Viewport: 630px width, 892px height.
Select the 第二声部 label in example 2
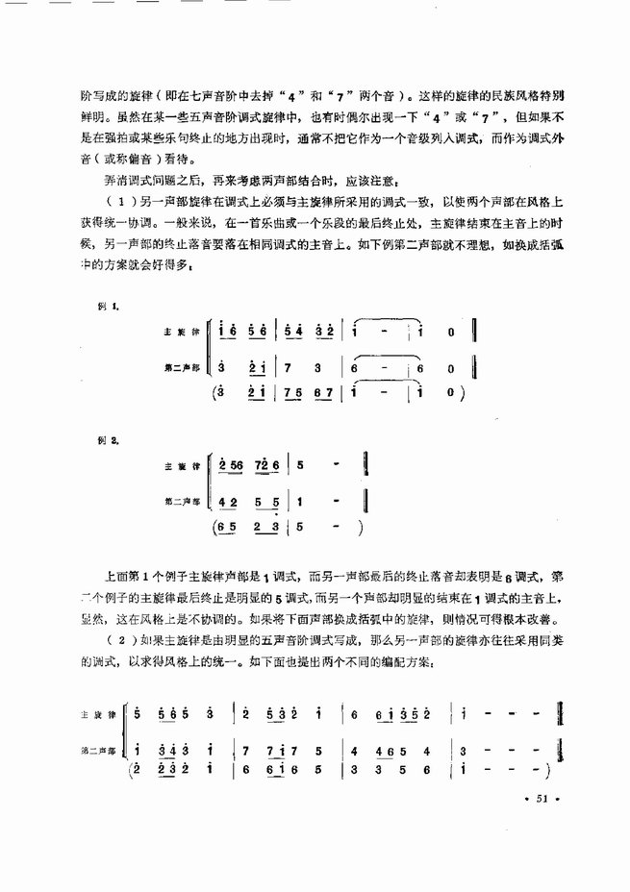click(x=182, y=501)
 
